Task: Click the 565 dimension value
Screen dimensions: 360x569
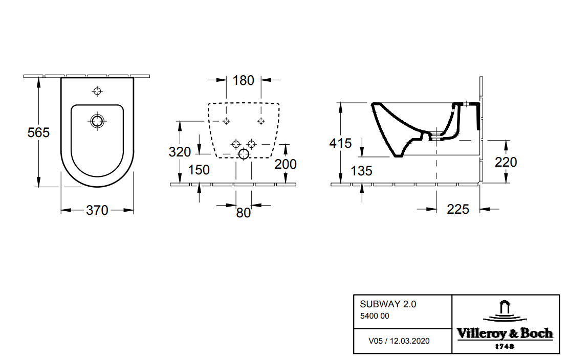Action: point(38,132)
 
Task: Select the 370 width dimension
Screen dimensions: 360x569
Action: point(97,210)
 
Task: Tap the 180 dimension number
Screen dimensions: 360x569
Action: point(243,80)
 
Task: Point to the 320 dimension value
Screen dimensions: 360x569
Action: point(180,152)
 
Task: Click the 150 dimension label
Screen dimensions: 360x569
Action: point(199,170)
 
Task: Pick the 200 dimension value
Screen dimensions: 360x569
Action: point(286,164)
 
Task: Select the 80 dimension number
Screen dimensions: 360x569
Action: point(244,213)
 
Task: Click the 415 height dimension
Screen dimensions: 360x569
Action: point(340,144)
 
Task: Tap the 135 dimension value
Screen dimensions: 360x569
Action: point(362,170)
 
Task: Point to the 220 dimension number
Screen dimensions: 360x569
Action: point(506,162)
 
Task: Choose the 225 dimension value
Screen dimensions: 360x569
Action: point(458,209)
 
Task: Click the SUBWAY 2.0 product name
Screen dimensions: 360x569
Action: point(388,304)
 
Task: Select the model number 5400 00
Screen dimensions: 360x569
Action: point(375,316)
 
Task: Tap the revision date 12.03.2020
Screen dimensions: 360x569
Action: point(410,341)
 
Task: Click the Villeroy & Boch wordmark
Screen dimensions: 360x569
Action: point(505,334)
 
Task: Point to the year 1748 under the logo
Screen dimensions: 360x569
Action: point(505,346)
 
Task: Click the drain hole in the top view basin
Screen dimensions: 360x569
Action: point(97,121)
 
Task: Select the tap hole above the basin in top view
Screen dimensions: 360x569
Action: point(97,92)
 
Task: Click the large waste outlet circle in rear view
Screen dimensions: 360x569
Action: point(244,154)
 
